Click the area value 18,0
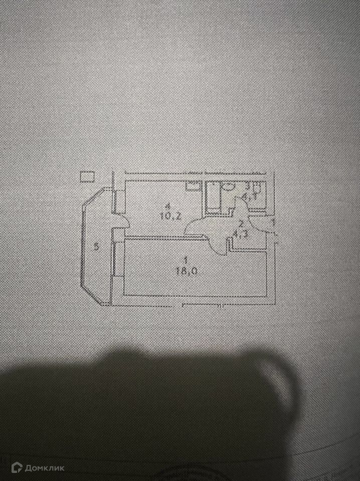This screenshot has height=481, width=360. [x=185, y=271]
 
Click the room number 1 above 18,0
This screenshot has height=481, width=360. [x=186, y=260]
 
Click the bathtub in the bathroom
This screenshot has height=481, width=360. [x=212, y=198]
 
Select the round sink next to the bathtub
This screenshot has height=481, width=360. [x=228, y=188]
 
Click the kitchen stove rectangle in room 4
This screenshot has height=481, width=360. [x=192, y=187]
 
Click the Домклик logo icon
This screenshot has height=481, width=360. [x=17, y=467]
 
